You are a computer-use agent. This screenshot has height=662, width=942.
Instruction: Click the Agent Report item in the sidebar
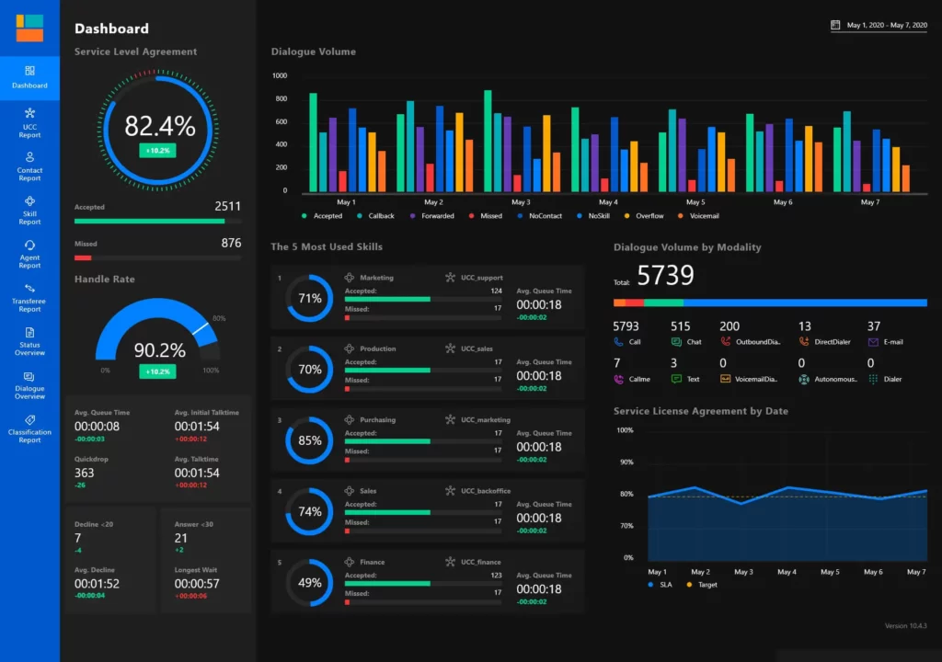29,254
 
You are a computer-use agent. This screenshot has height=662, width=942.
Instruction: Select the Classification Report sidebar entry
29,428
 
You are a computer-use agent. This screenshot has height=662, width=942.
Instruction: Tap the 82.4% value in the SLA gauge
159,126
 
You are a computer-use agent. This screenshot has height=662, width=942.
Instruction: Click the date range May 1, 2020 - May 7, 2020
886,26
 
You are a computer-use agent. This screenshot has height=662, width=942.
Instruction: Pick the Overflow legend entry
649,216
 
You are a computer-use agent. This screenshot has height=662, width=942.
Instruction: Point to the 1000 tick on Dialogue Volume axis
280,76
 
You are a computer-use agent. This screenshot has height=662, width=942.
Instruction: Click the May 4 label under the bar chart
607,202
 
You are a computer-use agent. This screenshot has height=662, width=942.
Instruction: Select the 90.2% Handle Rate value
159,350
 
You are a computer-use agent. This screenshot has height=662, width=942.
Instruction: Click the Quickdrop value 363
85,473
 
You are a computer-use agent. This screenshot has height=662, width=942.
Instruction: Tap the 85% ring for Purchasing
310,440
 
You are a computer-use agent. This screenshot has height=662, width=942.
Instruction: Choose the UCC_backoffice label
487,491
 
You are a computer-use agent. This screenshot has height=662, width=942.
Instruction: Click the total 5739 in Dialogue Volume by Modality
665,275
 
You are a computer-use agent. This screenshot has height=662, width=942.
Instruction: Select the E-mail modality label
893,342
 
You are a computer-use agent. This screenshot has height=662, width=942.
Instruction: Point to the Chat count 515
680,326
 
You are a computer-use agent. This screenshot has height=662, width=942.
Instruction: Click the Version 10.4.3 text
905,626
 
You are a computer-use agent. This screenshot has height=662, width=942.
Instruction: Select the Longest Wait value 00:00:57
197,584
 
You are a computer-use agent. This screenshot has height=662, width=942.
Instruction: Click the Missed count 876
231,244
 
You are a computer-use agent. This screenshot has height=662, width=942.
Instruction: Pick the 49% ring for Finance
310,583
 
